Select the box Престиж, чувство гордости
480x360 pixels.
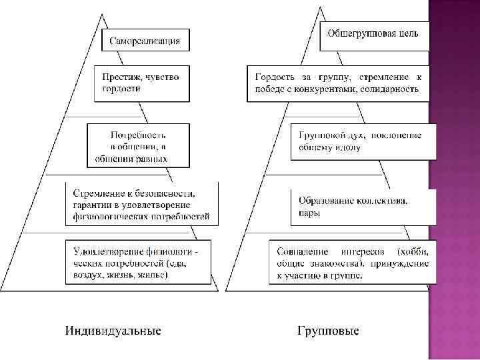point(141,83)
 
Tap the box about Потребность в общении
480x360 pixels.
point(137,144)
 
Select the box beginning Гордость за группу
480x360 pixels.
point(339,83)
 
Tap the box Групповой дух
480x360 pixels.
point(363,141)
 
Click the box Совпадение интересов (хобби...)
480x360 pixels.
point(352,264)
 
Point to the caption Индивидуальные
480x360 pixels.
point(113,331)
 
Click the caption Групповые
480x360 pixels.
point(327,331)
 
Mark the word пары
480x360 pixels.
point(309,213)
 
